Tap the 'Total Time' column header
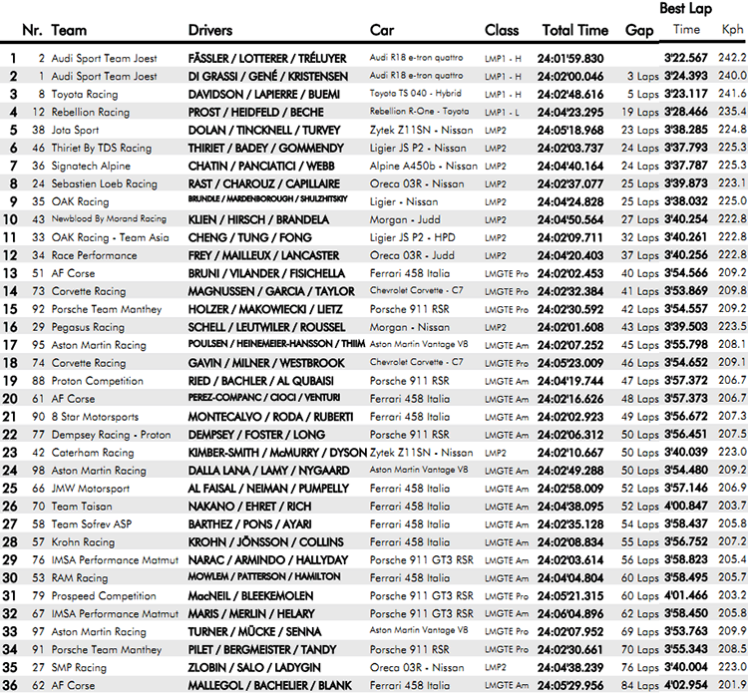pos(574,30)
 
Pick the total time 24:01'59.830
pos(570,58)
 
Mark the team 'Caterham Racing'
pos(92,453)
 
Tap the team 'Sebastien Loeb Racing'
pos(104,183)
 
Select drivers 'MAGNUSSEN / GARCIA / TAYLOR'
pos(271,291)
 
